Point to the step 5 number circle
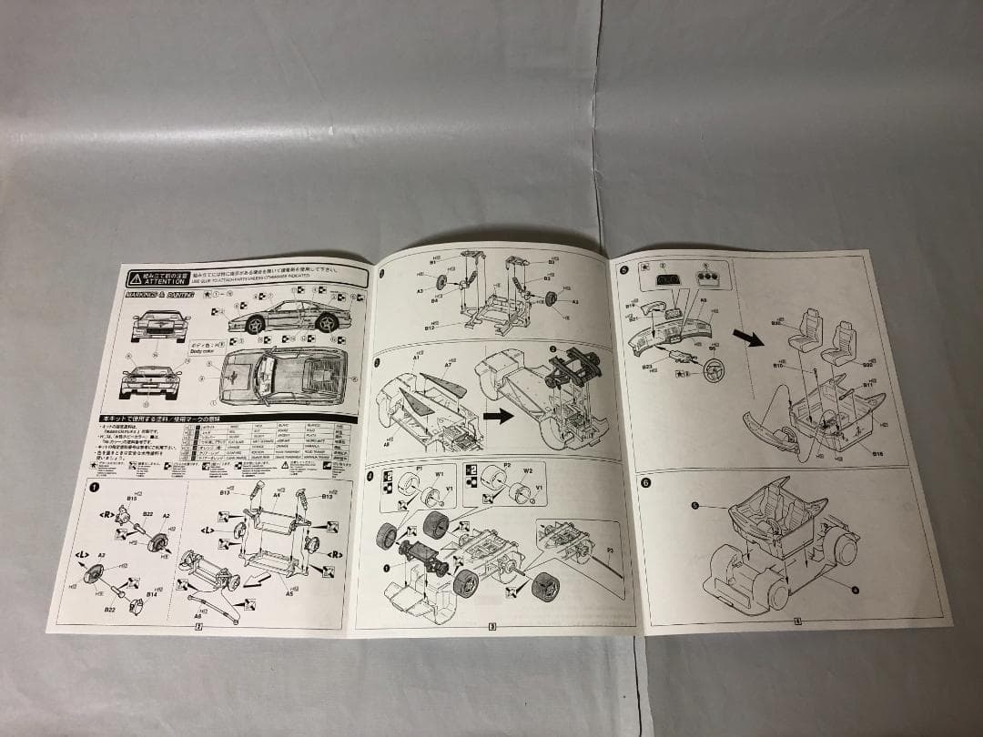(623, 269)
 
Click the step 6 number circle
(645, 483)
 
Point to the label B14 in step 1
(152, 593)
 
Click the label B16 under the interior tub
(877, 453)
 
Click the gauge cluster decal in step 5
(668, 280)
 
